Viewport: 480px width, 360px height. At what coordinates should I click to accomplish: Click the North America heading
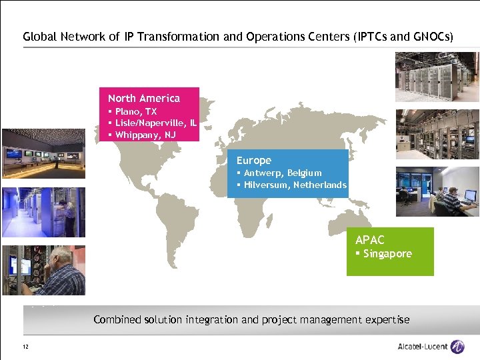(x=143, y=98)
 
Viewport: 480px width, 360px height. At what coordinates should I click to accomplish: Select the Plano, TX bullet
(x=136, y=111)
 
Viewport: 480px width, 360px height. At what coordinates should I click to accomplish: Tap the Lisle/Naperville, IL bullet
(x=155, y=123)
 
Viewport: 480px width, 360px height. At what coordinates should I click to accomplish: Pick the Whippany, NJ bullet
(x=145, y=135)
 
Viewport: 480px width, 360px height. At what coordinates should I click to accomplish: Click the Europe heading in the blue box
(x=254, y=160)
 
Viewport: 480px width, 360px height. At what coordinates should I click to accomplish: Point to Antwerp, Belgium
(x=283, y=173)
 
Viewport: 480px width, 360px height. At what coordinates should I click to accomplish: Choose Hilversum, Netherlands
(x=295, y=185)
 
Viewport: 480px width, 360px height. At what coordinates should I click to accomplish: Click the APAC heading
(x=370, y=240)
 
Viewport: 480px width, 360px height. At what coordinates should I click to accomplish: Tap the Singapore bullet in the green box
(x=387, y=254)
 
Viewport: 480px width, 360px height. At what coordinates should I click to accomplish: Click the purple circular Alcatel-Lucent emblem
(x=457, y=347)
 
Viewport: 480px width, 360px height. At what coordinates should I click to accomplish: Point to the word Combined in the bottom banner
(x=117, y=319)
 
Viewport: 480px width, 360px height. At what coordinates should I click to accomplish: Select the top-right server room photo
(x=437, y=77)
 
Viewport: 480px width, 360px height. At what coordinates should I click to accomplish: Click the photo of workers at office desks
(x=437, y=191)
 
